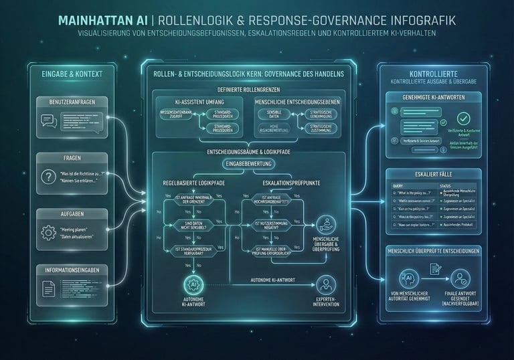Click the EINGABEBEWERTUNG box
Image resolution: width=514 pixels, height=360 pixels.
point(249,163)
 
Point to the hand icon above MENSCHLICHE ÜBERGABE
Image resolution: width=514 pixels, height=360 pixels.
point(325,224)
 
